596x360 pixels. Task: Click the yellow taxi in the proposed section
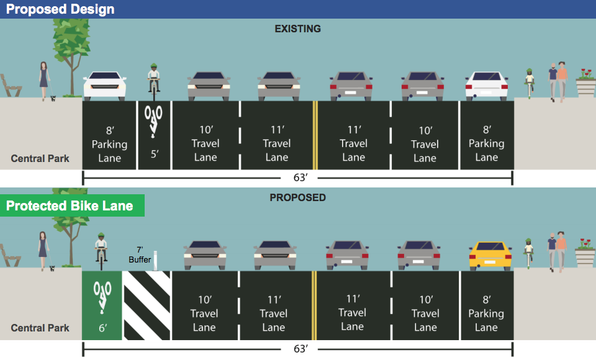coord(490,255)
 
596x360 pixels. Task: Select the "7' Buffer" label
coord(140,255)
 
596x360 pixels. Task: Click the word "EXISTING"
coord(298,29)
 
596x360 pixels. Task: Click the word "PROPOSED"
coord(298,197)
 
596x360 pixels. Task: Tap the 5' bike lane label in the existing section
coord(154,153)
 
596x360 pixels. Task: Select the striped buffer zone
coord(147,305)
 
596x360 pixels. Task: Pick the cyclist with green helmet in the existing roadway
coord(153,82)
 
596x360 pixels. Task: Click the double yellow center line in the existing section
coord(315,135)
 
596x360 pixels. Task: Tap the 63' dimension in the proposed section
coord(300,349)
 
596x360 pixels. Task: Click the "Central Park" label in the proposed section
coord(40,328)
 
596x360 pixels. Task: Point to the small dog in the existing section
coord(53,97)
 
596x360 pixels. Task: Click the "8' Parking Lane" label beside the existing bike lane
coord(109,144)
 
